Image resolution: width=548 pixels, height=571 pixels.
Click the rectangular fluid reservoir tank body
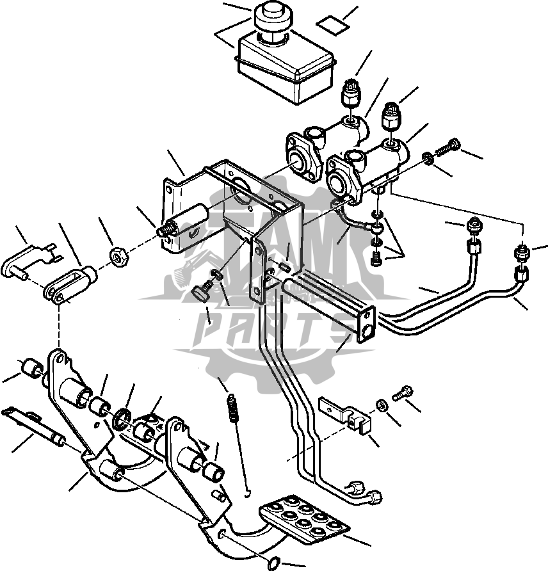click(286, 67)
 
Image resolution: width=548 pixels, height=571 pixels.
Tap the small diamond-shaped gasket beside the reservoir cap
click(332, 26)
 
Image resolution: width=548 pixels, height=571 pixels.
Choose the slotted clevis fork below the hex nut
click(70, 285)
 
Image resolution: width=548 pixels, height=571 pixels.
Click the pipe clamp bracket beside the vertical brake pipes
click(345, 416)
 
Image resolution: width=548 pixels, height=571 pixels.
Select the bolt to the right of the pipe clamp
click(402, 392)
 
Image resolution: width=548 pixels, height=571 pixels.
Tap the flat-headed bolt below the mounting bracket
click(202, 291)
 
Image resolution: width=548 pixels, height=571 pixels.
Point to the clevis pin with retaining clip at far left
click(28, 261)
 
